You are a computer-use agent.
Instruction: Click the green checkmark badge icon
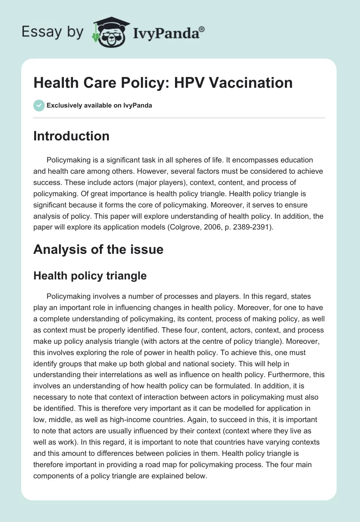click(x=39, y=105)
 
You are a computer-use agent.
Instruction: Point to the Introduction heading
click(x=71, y=136)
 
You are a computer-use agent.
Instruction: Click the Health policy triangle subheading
click(x=90, y=275)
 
